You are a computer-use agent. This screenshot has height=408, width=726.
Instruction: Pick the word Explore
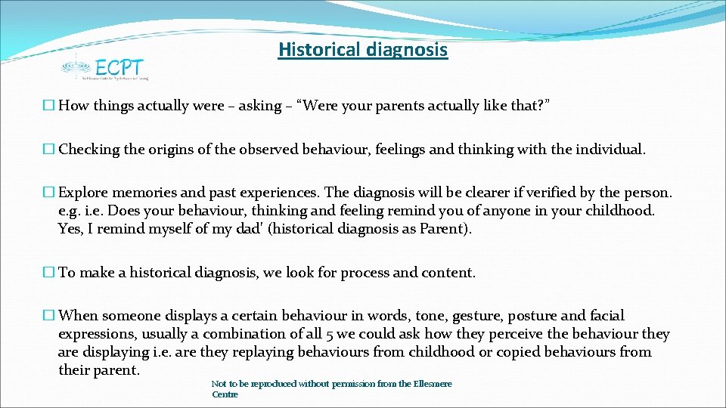coord(85,193)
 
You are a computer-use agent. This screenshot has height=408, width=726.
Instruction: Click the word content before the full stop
coord(450,273)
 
